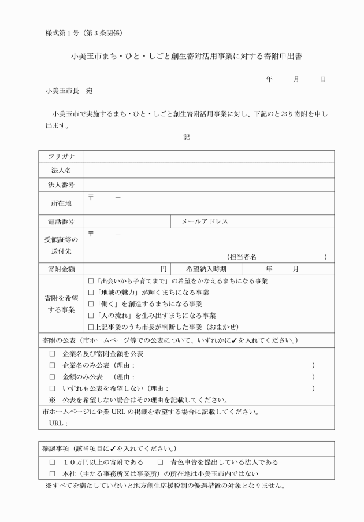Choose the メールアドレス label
(x=205, y=221)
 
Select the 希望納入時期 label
(x=206, y=269)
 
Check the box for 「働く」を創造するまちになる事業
(x=91, y=303)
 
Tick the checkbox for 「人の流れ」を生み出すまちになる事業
(x=91, y=315)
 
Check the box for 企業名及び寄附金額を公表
(x=52, y=353)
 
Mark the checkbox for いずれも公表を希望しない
(x=52, y=388)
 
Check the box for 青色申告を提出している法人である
(x=161, y=462)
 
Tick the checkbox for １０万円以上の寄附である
(x=52, y=462)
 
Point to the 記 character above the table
(x=186, y=137)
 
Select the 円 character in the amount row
(x=164, y=269)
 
